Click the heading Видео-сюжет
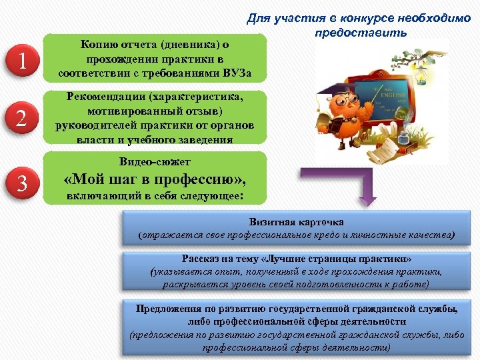pyautogui.click(x=154, y=162)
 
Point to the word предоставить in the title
pyautogui.click(x=357, y=33)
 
